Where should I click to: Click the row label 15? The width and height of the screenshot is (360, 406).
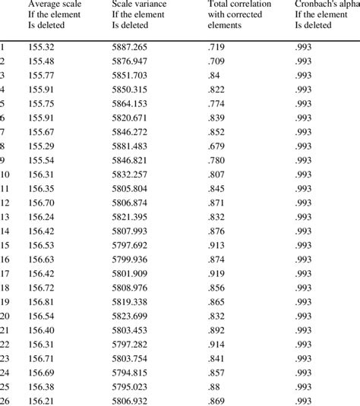click(x=6, y=245)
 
